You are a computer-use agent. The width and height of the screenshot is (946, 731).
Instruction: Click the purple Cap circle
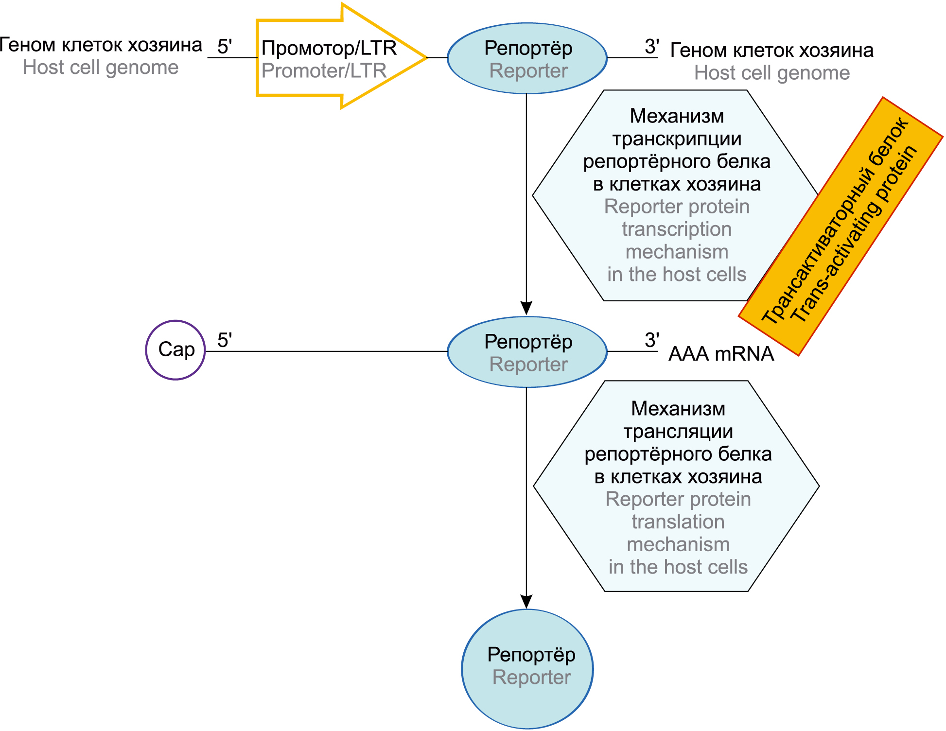pyautogui.click(x=175, y=350)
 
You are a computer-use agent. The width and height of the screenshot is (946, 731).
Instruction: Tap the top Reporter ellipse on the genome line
pyautogui.click(x=527, y=58)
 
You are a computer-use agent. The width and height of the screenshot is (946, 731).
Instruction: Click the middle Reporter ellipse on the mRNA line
pyautogui.click(x=527, y=352)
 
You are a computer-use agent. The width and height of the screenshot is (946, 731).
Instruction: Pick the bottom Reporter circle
pyautogui.click(x=527, y=669)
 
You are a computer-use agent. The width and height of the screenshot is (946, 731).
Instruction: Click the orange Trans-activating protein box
pyautogui.click(x=841, y=226)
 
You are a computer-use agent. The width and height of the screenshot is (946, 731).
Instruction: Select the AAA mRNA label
pyautogui.click(x=721, y=354)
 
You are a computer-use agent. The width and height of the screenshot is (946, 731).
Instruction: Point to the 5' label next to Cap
pyautogui.click(x=224, y=340)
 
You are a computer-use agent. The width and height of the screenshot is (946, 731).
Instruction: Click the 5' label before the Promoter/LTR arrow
pyautogui.click(x=224, y=47)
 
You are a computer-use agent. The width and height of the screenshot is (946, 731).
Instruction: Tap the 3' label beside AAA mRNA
pyautogui.click(x=651, y=340)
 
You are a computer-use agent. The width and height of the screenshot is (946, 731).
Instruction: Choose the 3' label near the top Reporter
pyautogui.click(x=651, y=47)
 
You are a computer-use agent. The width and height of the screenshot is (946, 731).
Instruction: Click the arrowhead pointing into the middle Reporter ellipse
pyautogui.click(x=526, y=308)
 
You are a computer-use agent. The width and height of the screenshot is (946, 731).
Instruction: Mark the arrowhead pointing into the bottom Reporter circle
pyautogui.click(x=526, y=601)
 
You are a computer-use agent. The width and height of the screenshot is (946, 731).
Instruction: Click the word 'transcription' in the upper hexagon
pyautogui.click(x=677, y=229)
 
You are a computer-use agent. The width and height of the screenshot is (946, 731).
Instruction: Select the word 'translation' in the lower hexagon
pyautogui.click(x=678, y=522)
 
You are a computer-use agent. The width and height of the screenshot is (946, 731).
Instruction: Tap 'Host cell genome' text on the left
pyautogui.click(x=101, y=68)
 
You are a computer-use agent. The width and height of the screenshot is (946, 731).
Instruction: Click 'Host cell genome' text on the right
pyautogui.click(x=772, y=73)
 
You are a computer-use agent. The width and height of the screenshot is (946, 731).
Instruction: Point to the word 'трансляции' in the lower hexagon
pyautogui.click(x=678, y=431)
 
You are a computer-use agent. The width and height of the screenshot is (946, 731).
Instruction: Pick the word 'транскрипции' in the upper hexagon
pyautogui.click(x=677, y=139)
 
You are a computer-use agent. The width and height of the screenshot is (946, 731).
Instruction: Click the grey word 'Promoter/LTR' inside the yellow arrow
pyautogui.click(x=324, y=71)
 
